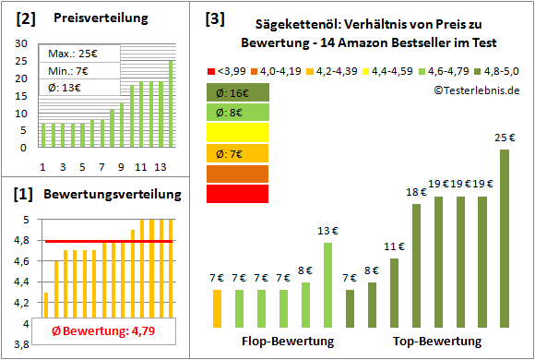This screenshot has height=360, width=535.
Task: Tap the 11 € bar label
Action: (x=395, y=246)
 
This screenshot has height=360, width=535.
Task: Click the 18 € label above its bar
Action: (x=416, y=192)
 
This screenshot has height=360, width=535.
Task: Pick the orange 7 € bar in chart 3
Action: (x=217, y=303)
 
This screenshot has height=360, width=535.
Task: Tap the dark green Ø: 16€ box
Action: (x=237, y=92)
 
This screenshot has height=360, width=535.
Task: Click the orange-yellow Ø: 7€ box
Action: (x=237, y=153)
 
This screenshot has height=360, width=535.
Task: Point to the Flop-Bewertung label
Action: (x=287, y=342)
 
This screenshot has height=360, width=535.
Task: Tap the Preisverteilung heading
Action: (x=92, y=18)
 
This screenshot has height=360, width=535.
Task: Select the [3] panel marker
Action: (x=214, y=18)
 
